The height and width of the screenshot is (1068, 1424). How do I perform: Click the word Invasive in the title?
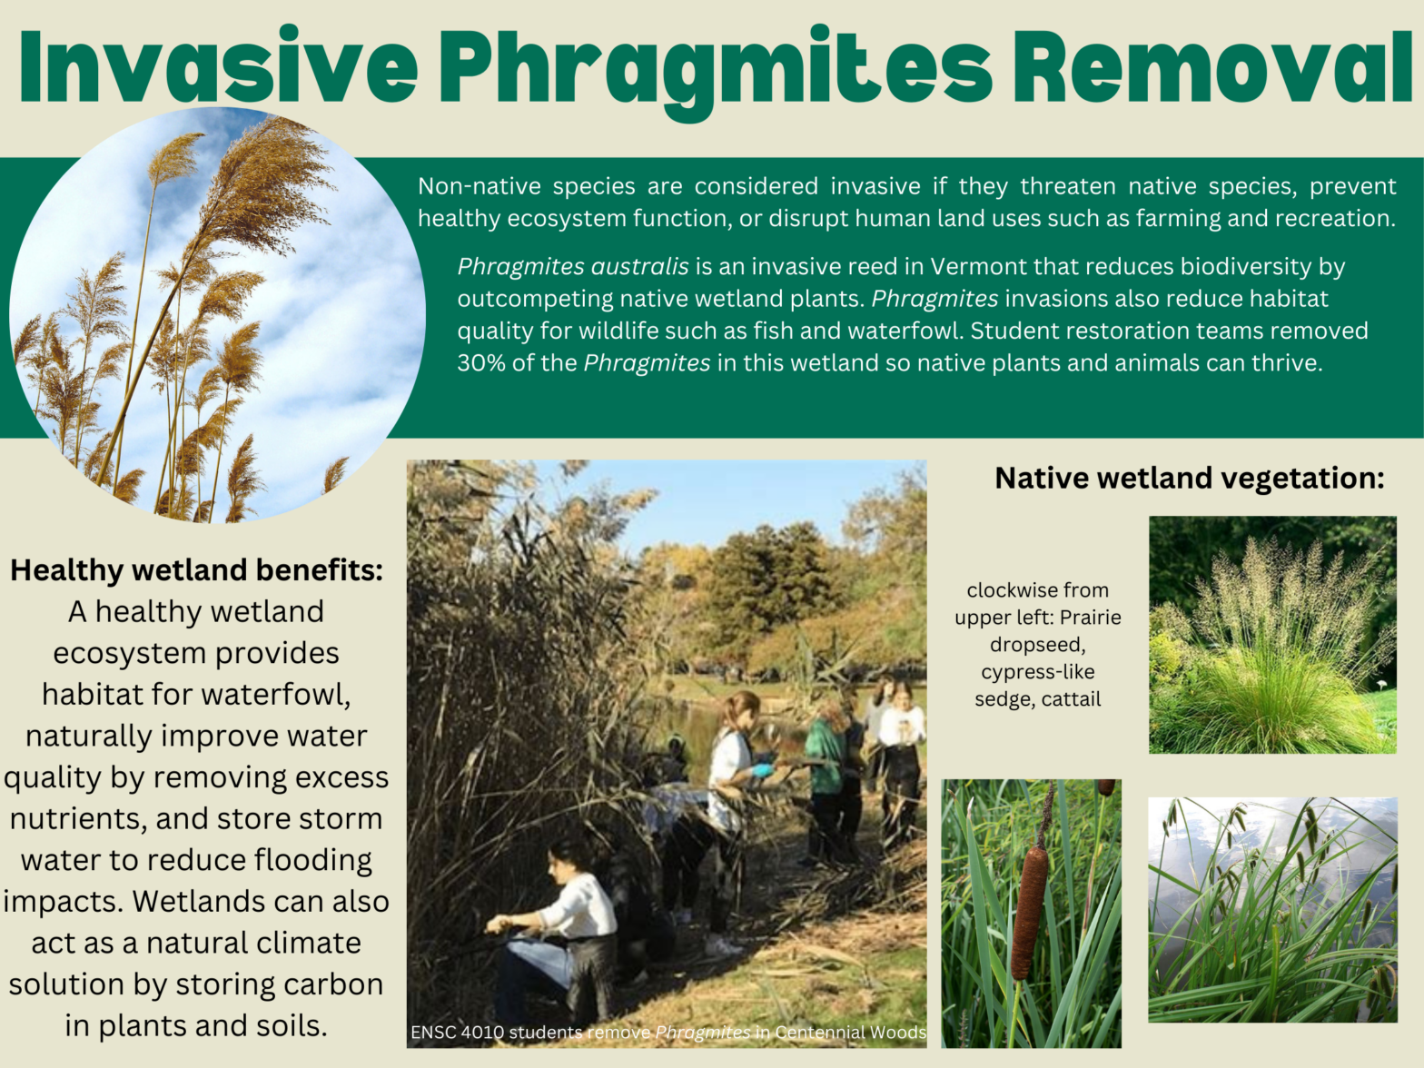tap(218, 67)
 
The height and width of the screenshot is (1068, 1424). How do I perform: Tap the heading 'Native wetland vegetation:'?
tap(1190, 478)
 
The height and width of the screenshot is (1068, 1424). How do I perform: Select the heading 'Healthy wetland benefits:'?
tap(196, 570)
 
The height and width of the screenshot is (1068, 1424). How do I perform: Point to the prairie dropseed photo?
tap(1272, 635)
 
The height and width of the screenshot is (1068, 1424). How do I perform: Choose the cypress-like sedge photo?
tap(1272, 910)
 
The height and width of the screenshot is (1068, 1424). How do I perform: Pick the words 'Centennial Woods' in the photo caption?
tap(850, 1033)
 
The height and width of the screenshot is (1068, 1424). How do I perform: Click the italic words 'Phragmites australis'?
tap(573, 267)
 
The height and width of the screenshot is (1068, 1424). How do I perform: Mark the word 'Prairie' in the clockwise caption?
tap(1091, 618)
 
